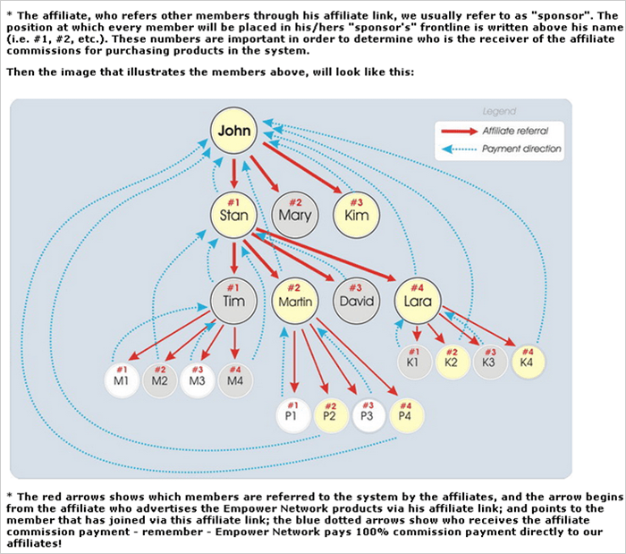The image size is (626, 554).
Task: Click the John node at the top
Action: point(234,132)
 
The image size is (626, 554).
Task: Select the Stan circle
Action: point(234,215)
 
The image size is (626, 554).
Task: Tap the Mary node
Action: point(295,215)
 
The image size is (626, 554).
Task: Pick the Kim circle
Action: point(355,215)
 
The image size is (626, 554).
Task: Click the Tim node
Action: point(234,301)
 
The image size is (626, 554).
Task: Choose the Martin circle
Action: point(295,301)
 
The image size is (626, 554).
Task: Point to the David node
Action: point(355,301)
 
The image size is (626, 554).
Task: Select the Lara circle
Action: point(417,301)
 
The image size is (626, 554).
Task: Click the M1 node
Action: point(121,380)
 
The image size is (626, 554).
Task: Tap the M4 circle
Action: point(234,380)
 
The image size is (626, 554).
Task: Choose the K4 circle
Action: point(528,362)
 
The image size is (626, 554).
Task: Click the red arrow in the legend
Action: point(457,131)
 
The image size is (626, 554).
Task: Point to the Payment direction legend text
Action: point(521,149)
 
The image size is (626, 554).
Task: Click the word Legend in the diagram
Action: point(498,112)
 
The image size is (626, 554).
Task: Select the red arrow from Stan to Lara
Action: point(331,256)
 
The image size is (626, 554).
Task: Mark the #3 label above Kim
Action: point(355,201)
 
